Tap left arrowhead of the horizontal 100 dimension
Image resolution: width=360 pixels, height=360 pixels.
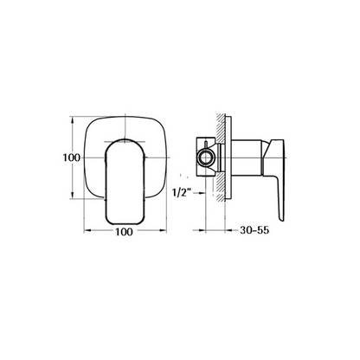pos(88,233)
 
